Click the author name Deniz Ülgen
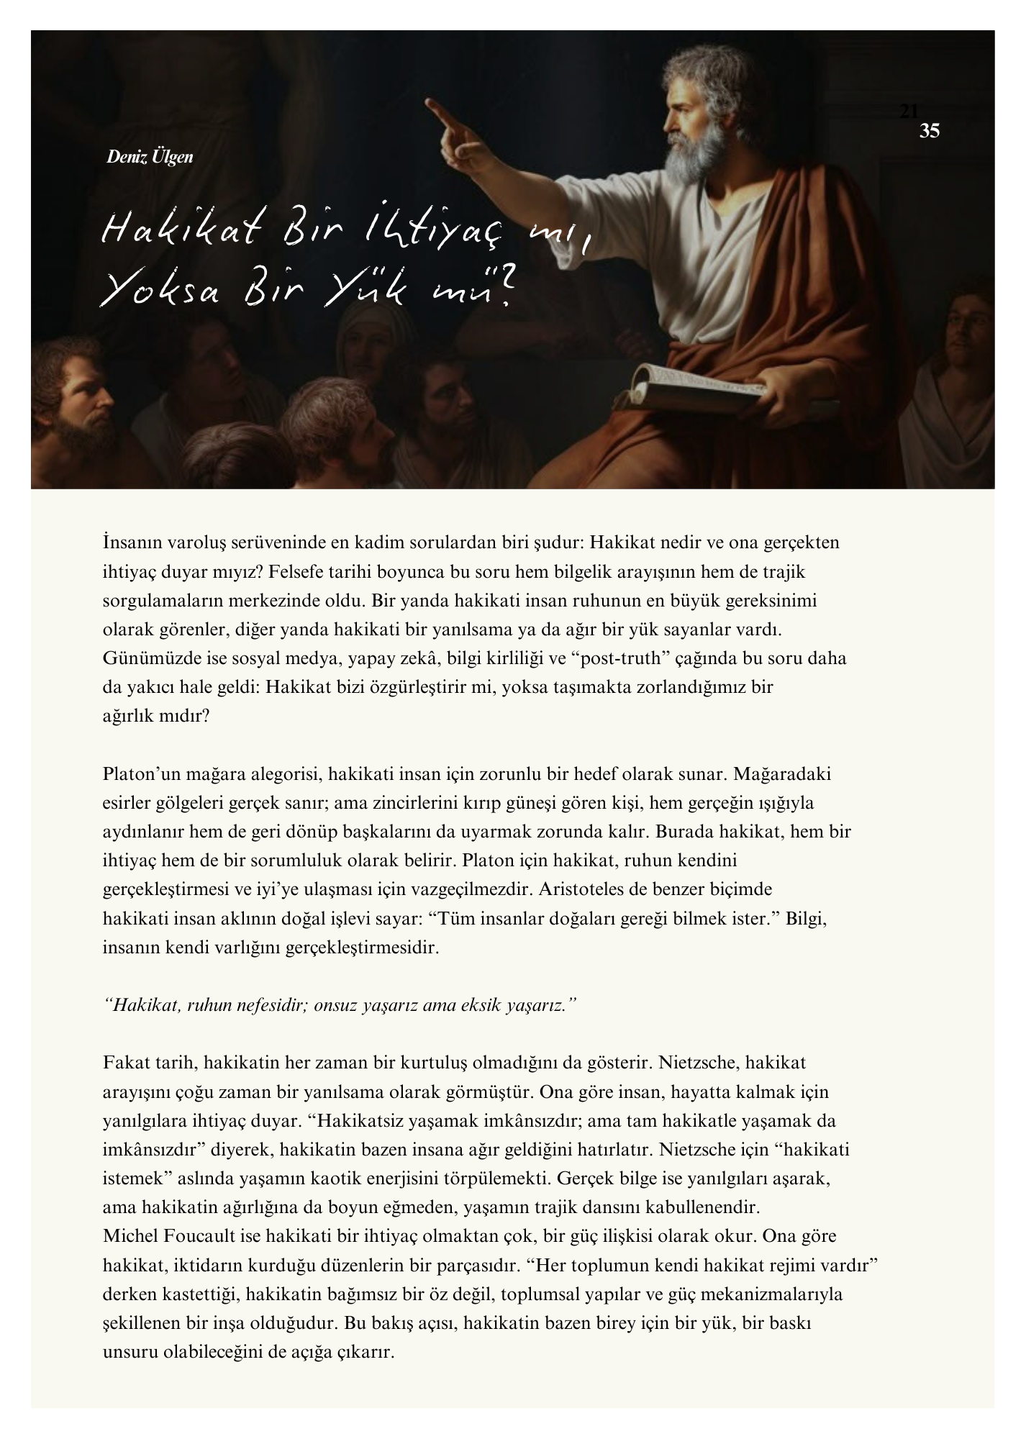[x=150, y=156]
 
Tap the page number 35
[x=930, y=131]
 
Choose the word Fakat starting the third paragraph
[x=123, y=1063]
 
